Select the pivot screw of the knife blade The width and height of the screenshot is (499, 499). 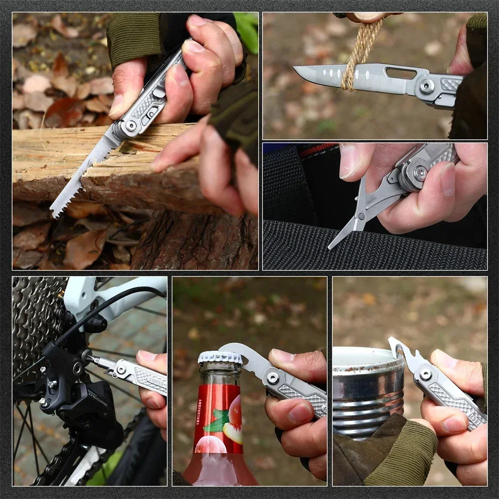click(427, 86)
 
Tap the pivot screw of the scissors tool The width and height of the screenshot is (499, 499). click(420, 173)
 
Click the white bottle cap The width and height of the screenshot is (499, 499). click(220, 357)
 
